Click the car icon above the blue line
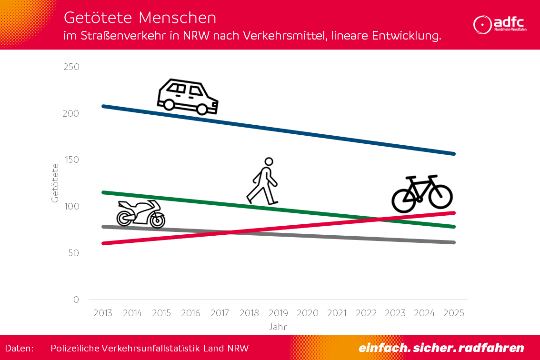188,97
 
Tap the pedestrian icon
262,181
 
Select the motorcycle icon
141,213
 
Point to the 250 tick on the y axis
71,67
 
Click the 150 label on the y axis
71,160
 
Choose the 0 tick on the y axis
76,300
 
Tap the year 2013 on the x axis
103,313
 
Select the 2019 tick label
279,313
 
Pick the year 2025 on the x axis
454,313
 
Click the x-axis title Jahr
278,327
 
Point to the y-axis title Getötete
55,183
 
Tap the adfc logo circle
482,25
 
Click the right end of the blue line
454,154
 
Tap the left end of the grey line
103,227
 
